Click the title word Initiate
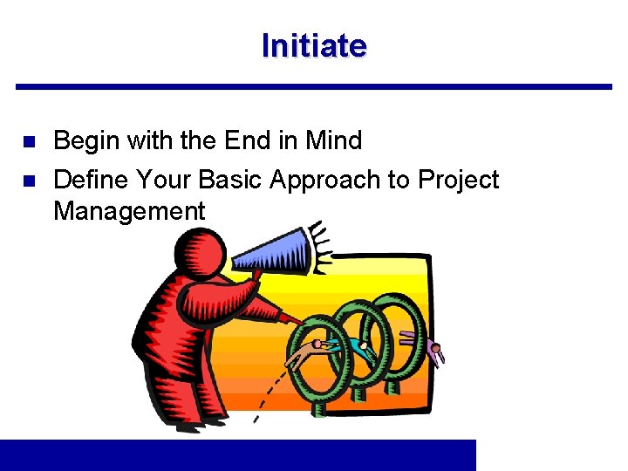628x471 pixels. pyautogui.click(x=314, y=45)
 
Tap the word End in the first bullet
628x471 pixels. pyautogui.click(x=248, y=140)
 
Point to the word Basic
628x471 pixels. pyautogui.click(x=230, y=180)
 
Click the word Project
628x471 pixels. pyautogui.click(x=458, y=180)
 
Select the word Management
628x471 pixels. pyautogui.click(x=129, y=210)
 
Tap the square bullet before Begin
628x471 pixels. pyautogui.click(x=27, y=140)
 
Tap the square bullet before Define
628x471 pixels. pyautogui.click(x=27, y=181)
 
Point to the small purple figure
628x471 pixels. pyautogui.click(x=436, y=352)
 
